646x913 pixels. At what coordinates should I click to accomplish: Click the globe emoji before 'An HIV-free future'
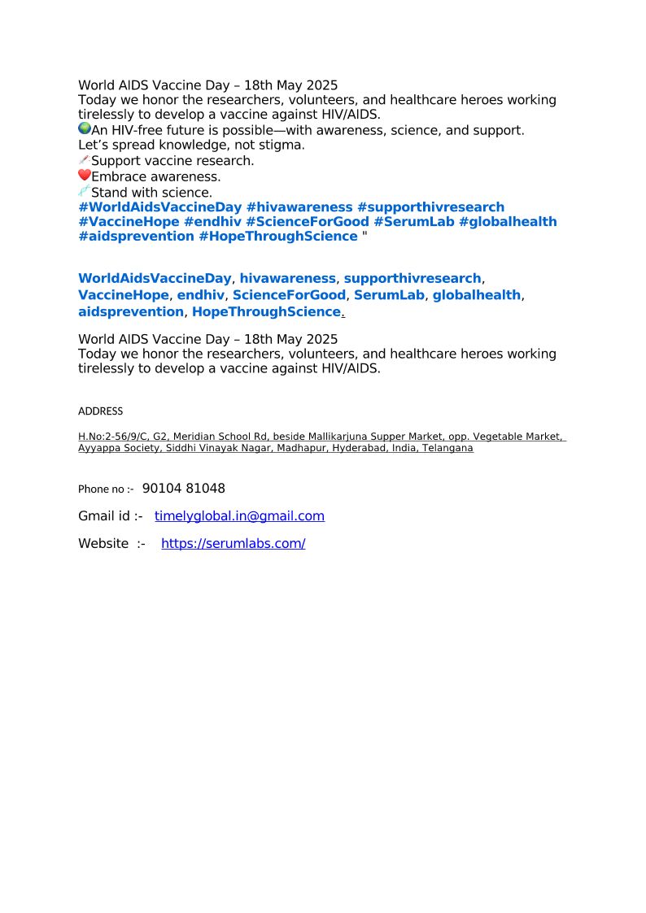click(x=85, y=129)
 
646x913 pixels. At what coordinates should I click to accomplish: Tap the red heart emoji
click(x=85, y=176)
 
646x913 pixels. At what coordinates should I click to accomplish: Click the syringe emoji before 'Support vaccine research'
click(x=85, y=160)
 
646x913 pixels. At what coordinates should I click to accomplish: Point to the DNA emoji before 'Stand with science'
click(x=85, y=191)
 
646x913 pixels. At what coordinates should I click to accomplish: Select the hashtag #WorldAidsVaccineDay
click(x=159, y=207)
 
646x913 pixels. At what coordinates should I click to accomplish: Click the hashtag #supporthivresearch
click(x=430, y=207)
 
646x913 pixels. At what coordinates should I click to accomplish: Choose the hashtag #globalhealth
click(x=508, y=222)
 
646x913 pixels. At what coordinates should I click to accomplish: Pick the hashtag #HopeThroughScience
click(x=277, y=237)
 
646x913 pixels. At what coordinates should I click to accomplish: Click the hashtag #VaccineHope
click(x=129, y=222)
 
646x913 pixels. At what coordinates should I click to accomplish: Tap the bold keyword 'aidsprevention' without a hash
click(x=131, y=312)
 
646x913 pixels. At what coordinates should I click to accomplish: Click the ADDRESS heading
click(x=100, y=411)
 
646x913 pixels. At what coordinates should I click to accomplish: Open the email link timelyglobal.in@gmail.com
click(x=239, y=516)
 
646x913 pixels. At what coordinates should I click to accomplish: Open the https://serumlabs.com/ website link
click(x=233, y=544)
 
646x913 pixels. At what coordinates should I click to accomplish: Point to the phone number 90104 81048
click(x=184, y=489)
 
